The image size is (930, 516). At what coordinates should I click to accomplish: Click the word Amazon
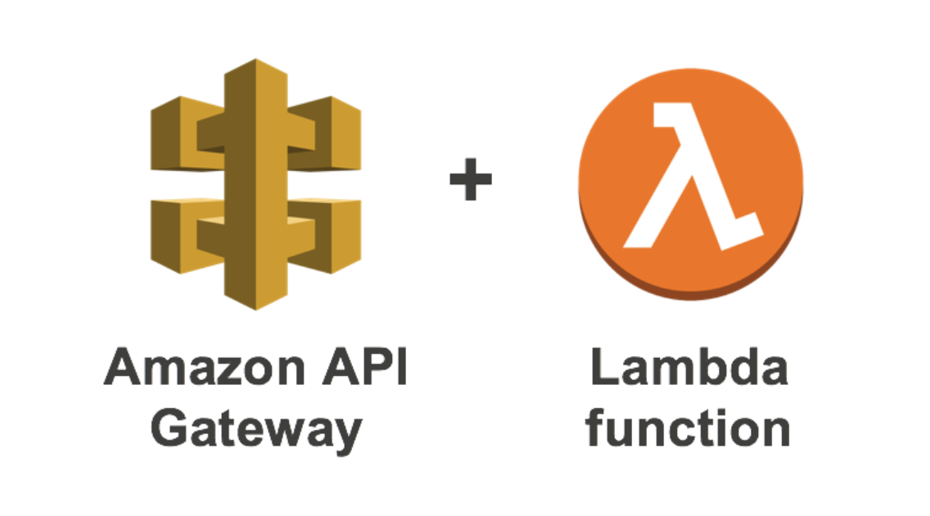coord(205,367)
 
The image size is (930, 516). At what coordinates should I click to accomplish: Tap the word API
coord(365,367)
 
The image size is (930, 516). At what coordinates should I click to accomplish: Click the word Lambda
coord(689,367)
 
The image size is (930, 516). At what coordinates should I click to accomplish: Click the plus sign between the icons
coord(471,179)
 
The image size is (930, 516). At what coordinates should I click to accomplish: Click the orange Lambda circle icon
coord(690,183)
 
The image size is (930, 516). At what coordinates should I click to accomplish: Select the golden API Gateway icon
coord(255,184)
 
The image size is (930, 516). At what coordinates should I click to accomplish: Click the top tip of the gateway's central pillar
coord(255,59)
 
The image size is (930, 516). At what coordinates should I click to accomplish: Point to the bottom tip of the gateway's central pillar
coord(255,310)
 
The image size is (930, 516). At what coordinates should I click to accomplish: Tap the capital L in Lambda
coord(605,367)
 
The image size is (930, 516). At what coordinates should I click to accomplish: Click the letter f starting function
coord(595,427)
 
